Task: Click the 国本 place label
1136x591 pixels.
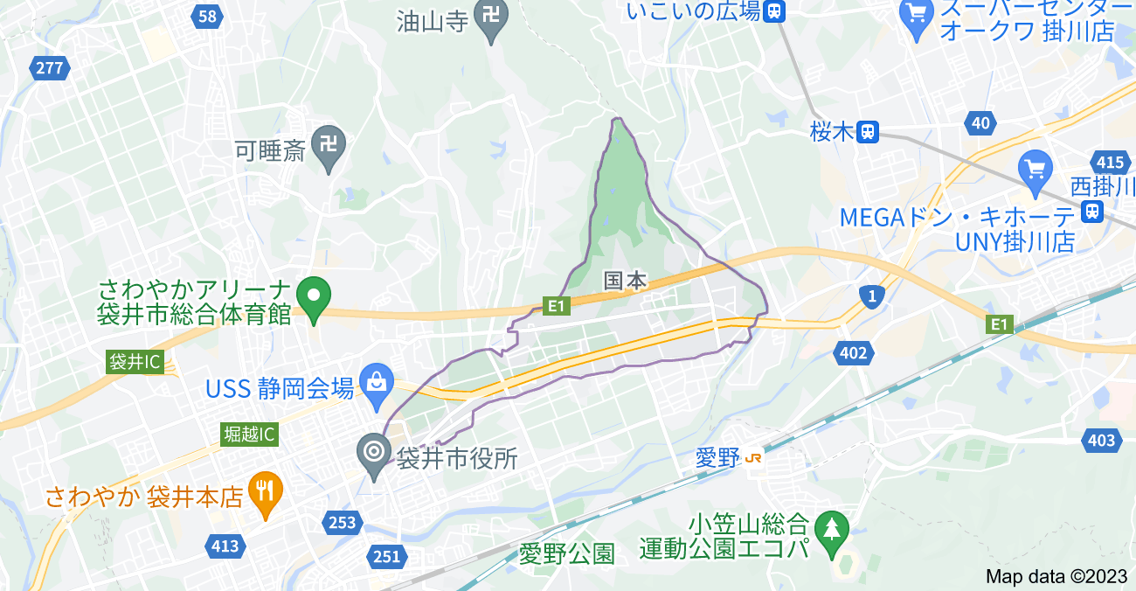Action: coord(626,281)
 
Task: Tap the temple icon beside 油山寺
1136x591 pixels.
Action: coord(490,17)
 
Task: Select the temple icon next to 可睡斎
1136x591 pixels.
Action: coord(328,144)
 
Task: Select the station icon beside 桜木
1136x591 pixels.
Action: coord(866,132)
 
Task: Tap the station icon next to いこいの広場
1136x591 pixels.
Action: coord(773,10)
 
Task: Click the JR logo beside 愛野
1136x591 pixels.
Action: coord(755,457)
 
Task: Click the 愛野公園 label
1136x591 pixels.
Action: coord(567,553)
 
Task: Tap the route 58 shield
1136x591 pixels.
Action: coord(207,16)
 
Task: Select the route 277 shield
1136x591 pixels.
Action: coord(50,67)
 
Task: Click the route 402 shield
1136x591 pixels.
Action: coord(852,352)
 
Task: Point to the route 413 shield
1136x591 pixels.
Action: coord(225,546)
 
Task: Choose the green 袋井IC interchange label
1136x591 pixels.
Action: coord(135,362)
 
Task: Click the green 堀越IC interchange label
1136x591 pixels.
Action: coord(249,434)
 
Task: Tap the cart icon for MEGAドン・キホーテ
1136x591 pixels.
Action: coord(1036,168)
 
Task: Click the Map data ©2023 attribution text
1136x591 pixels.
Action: coord(1056,576)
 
